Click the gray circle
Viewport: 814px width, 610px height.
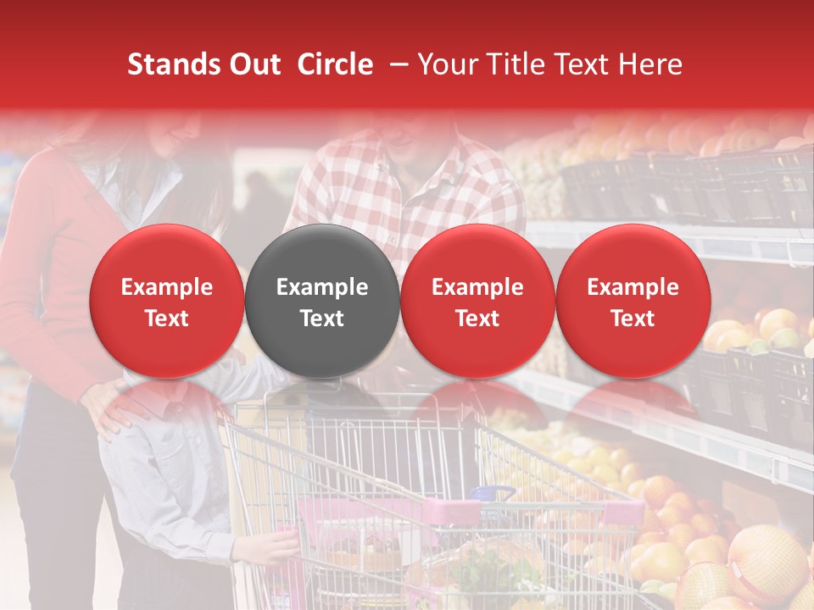322,301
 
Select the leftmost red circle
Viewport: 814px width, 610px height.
166,301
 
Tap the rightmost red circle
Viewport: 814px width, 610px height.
633,301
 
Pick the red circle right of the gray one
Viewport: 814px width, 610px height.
477,301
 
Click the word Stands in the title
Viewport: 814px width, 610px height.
175,64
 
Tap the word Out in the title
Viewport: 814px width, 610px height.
255,64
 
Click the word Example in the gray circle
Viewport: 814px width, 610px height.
322,287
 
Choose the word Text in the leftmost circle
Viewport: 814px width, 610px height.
166,319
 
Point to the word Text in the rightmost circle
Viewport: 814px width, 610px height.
633,319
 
